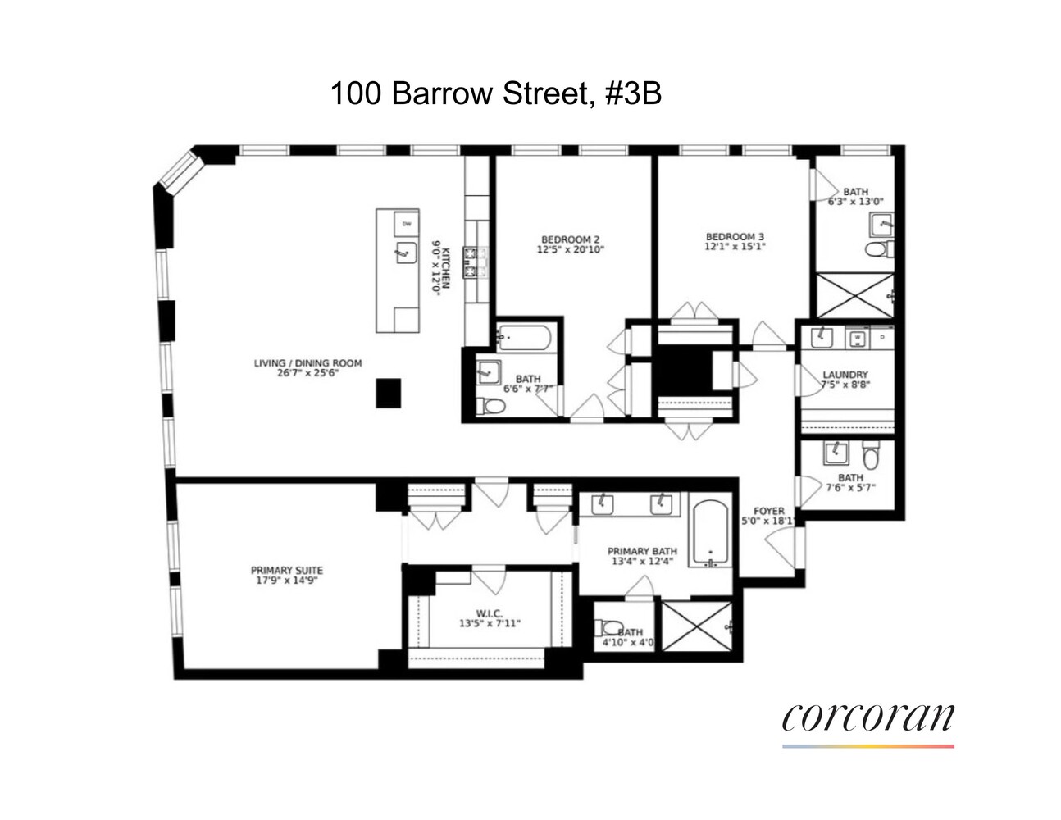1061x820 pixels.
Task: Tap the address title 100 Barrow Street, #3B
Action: [x=495, y=93]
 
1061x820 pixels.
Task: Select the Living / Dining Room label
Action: [x=307, y=363]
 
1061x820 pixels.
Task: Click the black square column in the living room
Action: [x=389, y=393]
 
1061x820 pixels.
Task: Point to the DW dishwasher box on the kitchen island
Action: [x=406, y=223]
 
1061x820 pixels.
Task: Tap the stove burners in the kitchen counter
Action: [x=475, y=262]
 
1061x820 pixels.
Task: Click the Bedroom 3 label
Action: [x=735, y=236]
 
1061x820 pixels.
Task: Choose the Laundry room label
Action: [x=845, y=375]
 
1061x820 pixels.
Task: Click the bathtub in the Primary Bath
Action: [x=709, y=533]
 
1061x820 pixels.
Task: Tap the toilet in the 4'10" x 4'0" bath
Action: [x=610, y=628]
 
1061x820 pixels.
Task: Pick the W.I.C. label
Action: [x=489, y=613]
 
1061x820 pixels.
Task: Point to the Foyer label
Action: [x=768, y=511]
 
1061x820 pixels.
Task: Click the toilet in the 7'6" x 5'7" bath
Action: [x=871, y=453]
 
